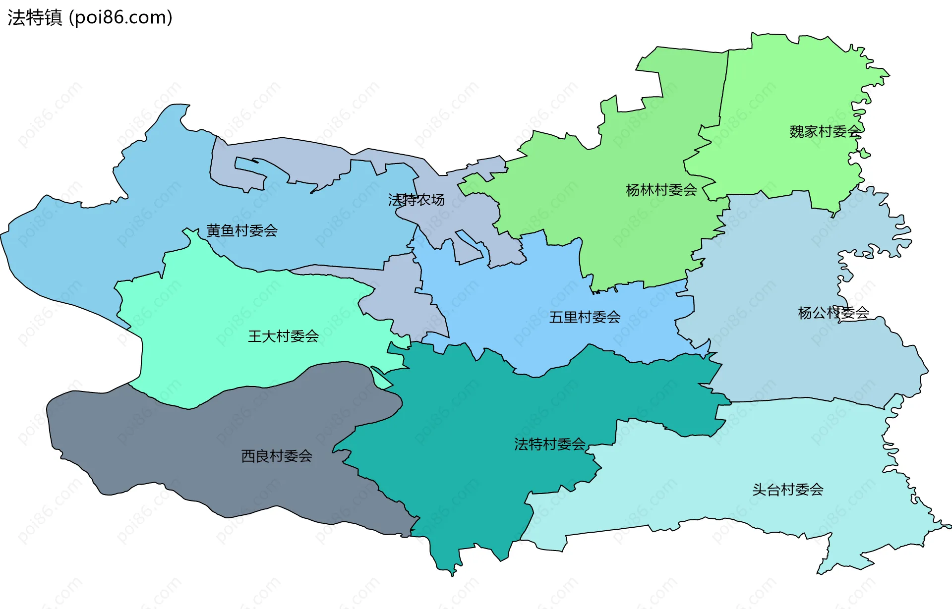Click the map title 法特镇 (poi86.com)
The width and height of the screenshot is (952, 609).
click(90, 17)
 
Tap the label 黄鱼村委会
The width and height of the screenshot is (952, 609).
click(242, 230)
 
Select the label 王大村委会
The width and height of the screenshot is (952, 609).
click(283, 336)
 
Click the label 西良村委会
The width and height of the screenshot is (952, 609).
click(277, 456)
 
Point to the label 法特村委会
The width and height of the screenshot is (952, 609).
click(549, 444)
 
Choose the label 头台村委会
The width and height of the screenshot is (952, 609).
click(787, 490)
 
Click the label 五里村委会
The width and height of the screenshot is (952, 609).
click(585, 317)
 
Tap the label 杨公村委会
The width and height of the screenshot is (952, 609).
click(833, 313)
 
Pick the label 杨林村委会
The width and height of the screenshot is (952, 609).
click(661, 190)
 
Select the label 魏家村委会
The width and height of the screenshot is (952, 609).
click(825, 131)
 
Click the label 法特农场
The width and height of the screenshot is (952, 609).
click(416, 200)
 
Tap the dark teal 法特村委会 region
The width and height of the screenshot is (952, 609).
click(471, 471)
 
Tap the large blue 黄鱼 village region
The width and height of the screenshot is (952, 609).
click(124, 223)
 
